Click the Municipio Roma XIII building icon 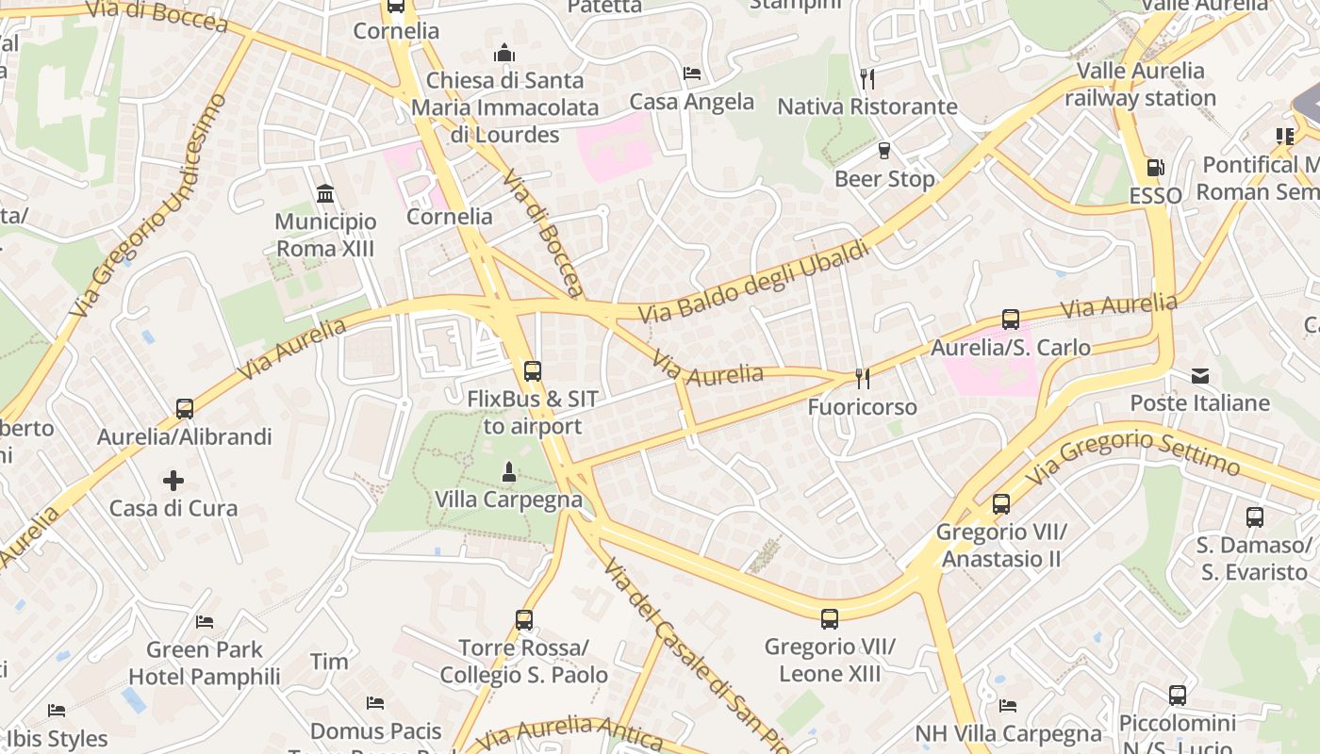325,194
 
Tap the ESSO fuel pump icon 1155,168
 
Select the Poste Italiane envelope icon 1200,375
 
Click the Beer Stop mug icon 884,150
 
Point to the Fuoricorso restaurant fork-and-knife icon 862,378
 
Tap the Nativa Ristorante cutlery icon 867,78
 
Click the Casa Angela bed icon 692,74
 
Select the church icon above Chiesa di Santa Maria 504,52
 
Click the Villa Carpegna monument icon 509,471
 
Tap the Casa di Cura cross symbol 173,481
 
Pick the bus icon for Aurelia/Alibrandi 185,409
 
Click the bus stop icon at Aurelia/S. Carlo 1011,320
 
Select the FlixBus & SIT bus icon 533,371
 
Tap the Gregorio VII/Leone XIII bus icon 830,619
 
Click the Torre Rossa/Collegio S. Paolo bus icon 524,620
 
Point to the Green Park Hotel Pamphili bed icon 205,621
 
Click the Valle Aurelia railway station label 1140,84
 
